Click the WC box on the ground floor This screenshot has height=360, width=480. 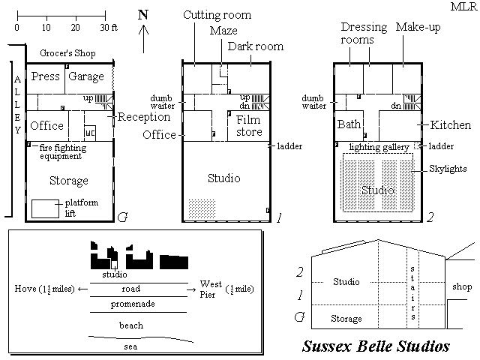click(x=90, y=133)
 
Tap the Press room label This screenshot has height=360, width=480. click(x=45, y=76)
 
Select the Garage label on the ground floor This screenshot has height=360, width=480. click(x=86, y=76)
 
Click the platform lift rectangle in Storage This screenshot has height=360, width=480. click(x=45, y=208)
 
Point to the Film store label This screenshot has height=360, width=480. click(x=249, y=126)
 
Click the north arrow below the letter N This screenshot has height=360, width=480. click(x=143, y=39)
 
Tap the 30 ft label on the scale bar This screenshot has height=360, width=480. click(x=109, y=28)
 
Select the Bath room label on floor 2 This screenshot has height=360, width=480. click(x=349, y=124)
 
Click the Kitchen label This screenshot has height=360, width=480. click(x=450, y=125)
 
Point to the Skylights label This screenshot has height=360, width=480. click(x=448, y=169)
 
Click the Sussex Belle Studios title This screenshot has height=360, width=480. click(x=376, y=346)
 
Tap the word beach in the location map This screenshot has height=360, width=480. click(x=131, y=325)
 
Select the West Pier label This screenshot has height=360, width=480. click(x=211, y=289)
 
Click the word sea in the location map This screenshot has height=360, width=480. click(x=130, y=346)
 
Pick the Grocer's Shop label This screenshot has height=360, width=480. click(x=67, y=53)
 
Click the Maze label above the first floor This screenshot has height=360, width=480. click(x=223, y=31)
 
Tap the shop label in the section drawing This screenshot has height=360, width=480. click(x=462, y=286)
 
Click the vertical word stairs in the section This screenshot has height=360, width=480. click(x=412, y=293)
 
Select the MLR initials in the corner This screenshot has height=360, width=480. click(x=463, y=7)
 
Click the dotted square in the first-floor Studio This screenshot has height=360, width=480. click(x=202, y=208)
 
